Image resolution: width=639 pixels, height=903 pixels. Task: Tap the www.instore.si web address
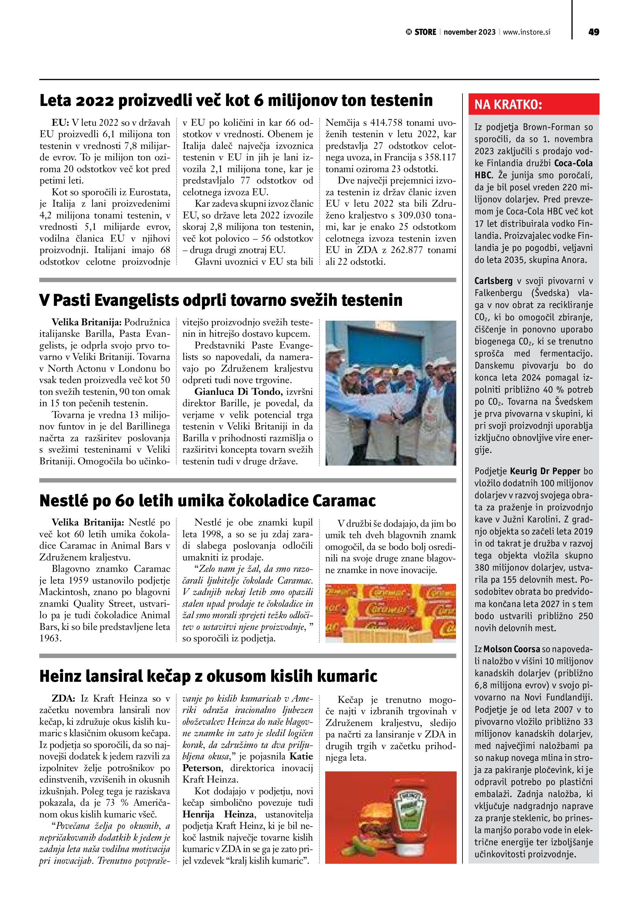click(526, 32)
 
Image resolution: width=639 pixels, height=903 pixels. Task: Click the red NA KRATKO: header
click(534, 105)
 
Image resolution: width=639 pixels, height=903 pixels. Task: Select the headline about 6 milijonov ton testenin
click(236, 101)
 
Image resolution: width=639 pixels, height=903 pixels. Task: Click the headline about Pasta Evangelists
click(221, 301)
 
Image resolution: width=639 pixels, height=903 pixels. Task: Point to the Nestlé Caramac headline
click(208, 501)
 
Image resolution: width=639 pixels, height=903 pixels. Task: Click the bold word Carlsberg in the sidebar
click(493, 281)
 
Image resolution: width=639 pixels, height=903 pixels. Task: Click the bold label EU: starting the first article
click(61, 123)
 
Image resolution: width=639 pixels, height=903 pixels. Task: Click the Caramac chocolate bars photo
click(391, 613)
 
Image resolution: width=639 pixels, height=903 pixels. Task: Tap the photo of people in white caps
click(391, 393)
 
